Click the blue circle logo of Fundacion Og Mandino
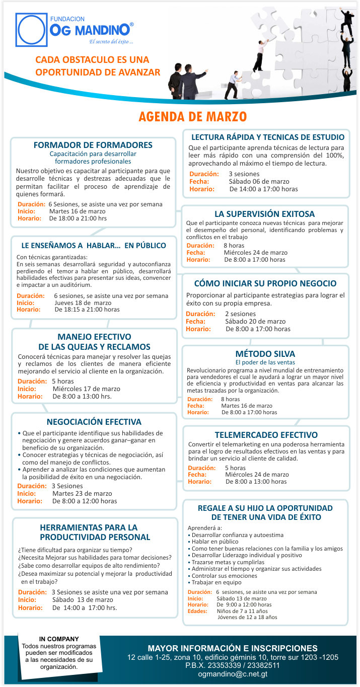click(x=32, y=30)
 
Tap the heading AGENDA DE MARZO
click(x=192, y=117)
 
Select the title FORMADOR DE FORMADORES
click(x=93, y=145)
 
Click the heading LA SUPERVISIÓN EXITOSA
click(x=264, y=214)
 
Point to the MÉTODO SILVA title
click(x=265, y=354)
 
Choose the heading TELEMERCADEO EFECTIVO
click(x=266, y=435)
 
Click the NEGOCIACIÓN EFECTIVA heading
click(x=94, y=422)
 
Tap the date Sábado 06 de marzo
click(x=259, y=181)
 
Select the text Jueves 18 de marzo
click(x=83, y=303)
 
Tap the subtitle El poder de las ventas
click(x=265, y=362)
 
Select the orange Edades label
click(x=197, y=611)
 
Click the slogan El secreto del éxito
click(x=111, y=41)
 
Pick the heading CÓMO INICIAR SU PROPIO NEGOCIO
click(x=265, y=283)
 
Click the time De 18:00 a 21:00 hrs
click(x=78, y=219)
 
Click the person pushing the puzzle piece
click(x=233, y=85)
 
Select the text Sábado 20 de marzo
click(x=255, y=321)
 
